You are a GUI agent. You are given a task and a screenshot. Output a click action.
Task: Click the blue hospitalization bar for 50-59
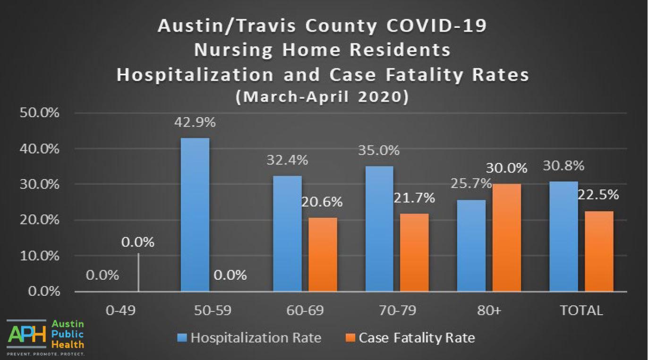[x=195, y=214]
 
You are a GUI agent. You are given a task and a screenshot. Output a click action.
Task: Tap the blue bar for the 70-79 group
[x=379, y=229]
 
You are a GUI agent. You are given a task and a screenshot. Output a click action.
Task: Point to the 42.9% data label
[x=195, y=122]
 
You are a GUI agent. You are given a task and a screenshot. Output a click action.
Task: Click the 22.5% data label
[x=598, y=195]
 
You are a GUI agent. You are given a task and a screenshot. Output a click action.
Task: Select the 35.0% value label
[x=379, y=151]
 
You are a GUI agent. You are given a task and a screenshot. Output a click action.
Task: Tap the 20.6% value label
[x=322, y=202]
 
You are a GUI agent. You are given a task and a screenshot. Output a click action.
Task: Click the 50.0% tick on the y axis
[x=40, y=113]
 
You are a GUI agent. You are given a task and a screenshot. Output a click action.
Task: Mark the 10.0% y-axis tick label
[x=40, y=256]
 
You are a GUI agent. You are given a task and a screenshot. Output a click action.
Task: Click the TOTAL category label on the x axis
[x=581, y=310]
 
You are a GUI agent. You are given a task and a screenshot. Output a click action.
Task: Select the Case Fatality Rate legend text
[x=417, y=338]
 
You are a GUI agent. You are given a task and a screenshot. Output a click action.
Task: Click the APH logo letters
[x=27, y=334]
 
